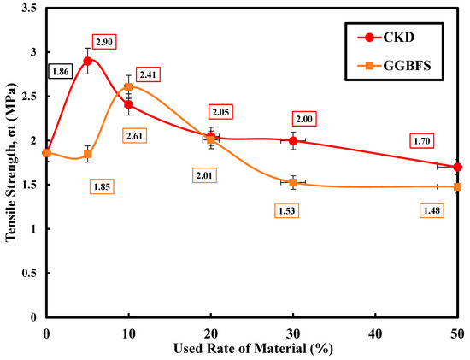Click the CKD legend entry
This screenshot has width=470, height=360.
pos(386,38)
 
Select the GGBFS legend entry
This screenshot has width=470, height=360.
pos(394,65)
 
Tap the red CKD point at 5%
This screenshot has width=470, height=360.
pos(87,61)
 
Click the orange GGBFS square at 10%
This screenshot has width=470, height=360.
pos(128,87)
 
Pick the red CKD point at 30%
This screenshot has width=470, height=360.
pos(293,140)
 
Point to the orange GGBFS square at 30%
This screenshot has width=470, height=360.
pos(293,182)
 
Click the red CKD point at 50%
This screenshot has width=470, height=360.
pos(457,167)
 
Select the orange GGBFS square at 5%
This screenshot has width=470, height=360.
pos(87,154)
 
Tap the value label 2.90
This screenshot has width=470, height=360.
pos(104,42)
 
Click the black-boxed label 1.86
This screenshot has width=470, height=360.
pos(61,72)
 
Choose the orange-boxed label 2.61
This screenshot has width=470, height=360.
pos(134,136)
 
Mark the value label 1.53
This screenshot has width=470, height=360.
pos(287,211)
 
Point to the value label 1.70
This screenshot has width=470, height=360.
pos(422,141)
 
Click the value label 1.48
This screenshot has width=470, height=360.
pos(432,210)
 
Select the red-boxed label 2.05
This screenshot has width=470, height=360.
pos(221,112)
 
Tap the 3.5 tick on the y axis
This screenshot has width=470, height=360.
pos(29,8)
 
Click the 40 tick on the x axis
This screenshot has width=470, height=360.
pos(375,333)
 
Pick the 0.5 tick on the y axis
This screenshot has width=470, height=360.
pos(29,273)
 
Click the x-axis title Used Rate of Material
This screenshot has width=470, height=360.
pos(240,349)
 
